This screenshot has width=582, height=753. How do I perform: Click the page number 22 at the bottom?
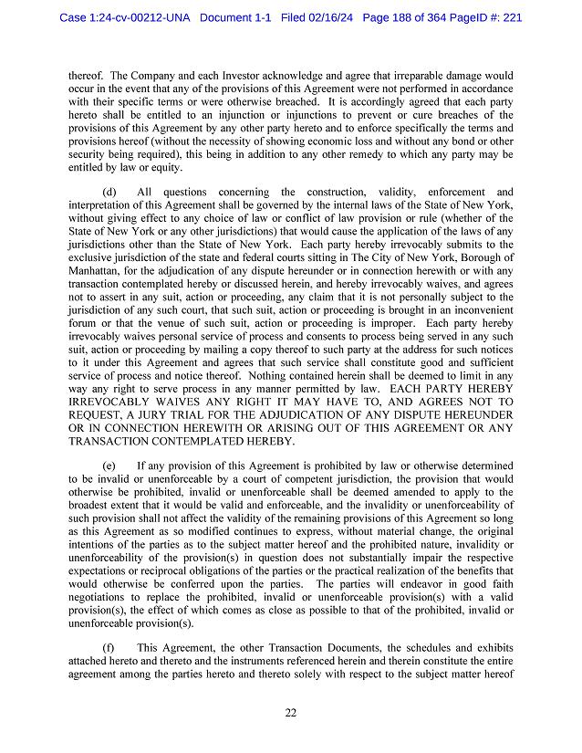[290, 713]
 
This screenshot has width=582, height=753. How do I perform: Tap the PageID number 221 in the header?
[511, 17]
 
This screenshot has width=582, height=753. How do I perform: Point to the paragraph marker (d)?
[109, 192]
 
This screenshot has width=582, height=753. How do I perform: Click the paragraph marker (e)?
[109, 465]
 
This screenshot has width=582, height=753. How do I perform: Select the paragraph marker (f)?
[109, 648]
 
